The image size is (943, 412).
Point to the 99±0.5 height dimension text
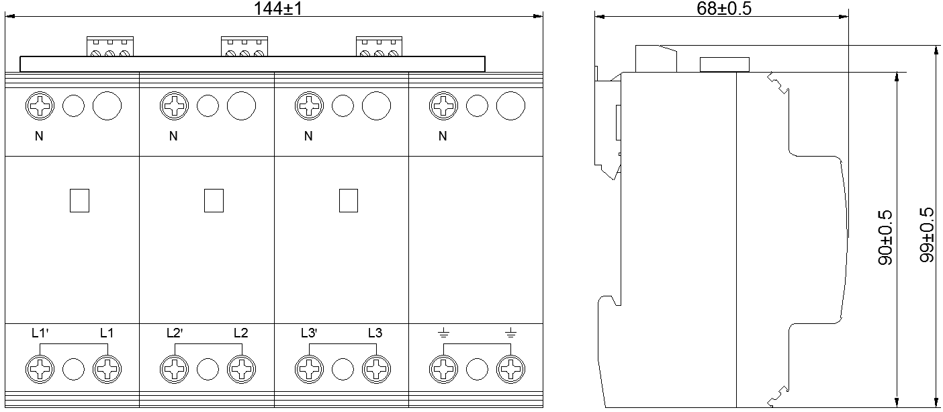[x=927, y=235]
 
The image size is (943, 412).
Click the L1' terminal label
[x=42, y=332]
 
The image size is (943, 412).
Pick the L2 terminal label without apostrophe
[x=241, y=332]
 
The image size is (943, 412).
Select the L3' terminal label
[x=310, y=332]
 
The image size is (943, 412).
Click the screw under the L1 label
[x=107, y=368]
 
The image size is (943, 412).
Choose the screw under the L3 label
[x=375, y=368]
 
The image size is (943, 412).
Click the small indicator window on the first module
[x=79, y=200]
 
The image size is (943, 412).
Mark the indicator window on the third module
[x=349, y=200]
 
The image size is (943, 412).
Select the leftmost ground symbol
[x=443, y=332]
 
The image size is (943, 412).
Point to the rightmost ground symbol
[x=510, y=332]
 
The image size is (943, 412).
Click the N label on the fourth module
[x=443, y=136]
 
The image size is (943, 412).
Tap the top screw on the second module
[x=175, y=106]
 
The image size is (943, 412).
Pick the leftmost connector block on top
[x=110, y=46]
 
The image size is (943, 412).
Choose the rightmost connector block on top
[x=379, y=46]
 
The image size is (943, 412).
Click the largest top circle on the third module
[x=376, y=106]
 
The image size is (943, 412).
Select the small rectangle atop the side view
[x=725, y=64]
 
